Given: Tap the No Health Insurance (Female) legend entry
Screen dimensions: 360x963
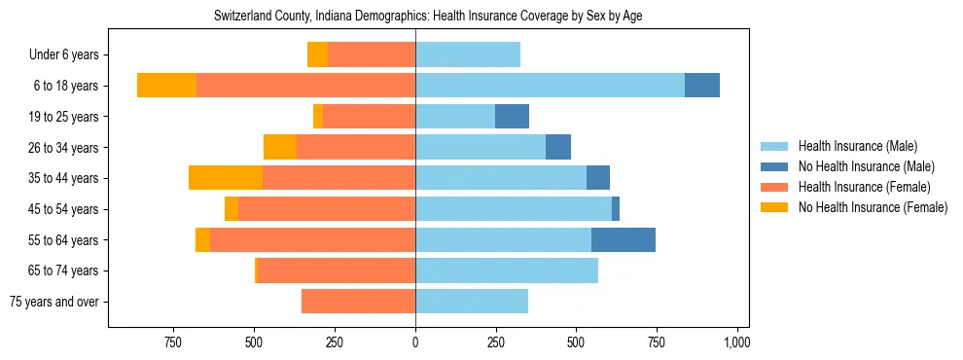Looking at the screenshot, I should (873, 207).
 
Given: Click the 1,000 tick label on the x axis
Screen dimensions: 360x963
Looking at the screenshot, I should (736, 342).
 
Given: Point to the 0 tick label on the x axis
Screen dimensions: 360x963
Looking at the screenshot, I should (415, 342).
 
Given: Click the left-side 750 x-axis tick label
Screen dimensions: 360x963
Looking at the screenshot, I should (173, 342).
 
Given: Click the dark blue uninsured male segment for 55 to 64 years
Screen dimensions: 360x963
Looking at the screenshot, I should (624, 239).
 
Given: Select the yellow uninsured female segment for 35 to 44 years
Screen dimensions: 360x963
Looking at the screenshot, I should (226, 178).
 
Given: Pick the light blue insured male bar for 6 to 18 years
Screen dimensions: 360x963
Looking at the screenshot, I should (550, 86).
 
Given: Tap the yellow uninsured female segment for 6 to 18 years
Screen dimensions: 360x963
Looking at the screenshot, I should (166, 86).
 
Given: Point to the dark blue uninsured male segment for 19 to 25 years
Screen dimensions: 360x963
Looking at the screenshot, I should (512, 117).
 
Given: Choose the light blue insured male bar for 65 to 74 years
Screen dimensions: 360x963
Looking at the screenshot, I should (507, 270).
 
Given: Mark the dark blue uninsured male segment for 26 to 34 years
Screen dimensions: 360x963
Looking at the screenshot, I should (558, 148).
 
